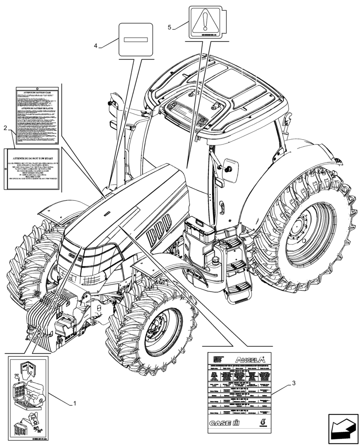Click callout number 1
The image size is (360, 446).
(x=74, y=404)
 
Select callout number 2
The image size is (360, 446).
(x=5, y=128)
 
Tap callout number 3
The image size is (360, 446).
(x=294, y=383)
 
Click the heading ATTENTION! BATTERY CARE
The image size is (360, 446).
(x=38, y=94)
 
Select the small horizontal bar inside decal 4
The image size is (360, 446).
(x=135, y=39)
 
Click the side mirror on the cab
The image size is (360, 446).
(x=231, y=166)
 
